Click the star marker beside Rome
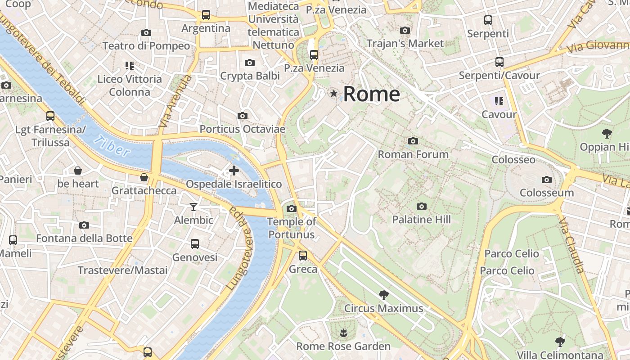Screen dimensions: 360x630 click(333, 94)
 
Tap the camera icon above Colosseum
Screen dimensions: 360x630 click(547, 180)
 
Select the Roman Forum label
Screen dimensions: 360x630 click(413, 154)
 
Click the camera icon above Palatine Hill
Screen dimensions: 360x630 click(422, 207)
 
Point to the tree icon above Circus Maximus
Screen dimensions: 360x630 click(384, 295)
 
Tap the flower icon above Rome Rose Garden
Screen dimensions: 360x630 click(343, 333)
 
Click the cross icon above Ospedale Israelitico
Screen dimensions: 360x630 click(234, 171)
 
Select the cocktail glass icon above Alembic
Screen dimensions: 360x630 click(193, 207)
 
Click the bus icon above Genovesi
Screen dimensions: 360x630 click(195, 244)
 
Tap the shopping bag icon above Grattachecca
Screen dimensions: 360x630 click(144, 177)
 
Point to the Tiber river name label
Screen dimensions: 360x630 click(113, 146)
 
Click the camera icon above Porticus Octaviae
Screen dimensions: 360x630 click(243, 116)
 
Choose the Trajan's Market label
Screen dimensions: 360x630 click(405, 44)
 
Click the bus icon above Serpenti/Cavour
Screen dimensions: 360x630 click(499, 62)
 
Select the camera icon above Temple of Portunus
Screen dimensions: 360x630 click(292, 208)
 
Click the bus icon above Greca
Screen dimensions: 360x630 click(303, 256)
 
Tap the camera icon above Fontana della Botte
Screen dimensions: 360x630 click(84, 225)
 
